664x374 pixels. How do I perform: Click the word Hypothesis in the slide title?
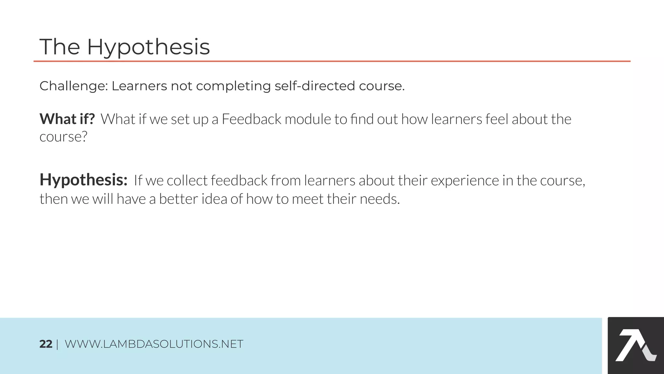click(x=148, y=47)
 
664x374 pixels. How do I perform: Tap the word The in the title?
click(x=60, y=47)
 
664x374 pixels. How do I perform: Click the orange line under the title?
click(x=332, y=61)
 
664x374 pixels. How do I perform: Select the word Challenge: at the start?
click(x=74, y=86)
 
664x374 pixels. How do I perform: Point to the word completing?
click(x=233, y=86)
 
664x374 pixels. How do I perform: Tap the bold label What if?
click(x=67, y=119)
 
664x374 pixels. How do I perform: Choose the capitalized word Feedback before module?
click(x=251, y=119)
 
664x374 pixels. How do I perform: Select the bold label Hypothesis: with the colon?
click(x=83, y=180)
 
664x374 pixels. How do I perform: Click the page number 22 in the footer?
click(x=46, y=344)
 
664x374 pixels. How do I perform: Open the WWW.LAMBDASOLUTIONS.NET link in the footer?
click(x=154, y=344)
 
